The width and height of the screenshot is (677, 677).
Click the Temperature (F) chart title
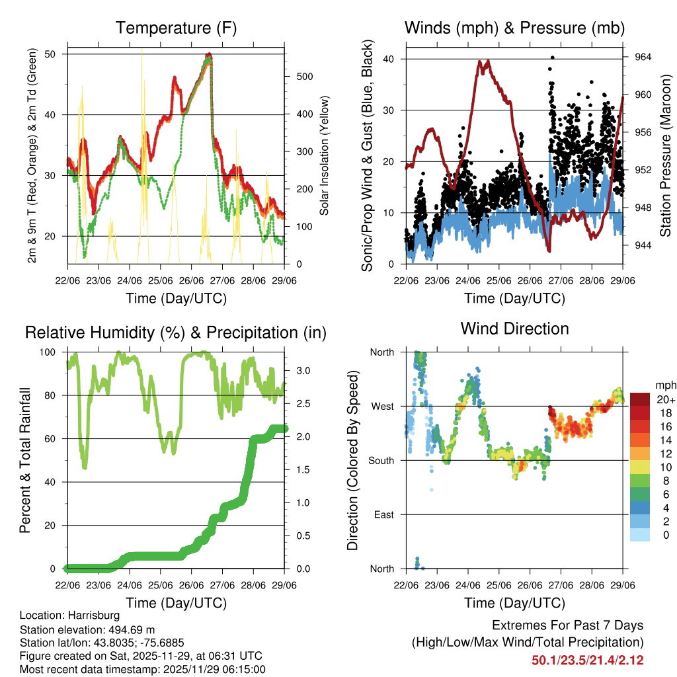point(176,28)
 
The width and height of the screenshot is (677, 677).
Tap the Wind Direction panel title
point(514,329)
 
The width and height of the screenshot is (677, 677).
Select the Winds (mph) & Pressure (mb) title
point(514,28)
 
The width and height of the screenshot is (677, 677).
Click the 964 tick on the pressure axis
point(643,58)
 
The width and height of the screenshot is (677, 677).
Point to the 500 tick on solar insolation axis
point(304,77)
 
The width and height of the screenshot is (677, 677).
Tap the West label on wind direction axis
point(382,406)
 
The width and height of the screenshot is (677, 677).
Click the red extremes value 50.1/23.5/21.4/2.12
point(588,660)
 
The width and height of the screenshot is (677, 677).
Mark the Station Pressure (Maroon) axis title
point(666,155)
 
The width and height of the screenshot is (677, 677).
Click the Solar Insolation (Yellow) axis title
point(325,156)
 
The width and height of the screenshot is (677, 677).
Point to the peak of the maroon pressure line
point(488,61)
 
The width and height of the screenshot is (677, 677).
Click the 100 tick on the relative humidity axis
point(52,352)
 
